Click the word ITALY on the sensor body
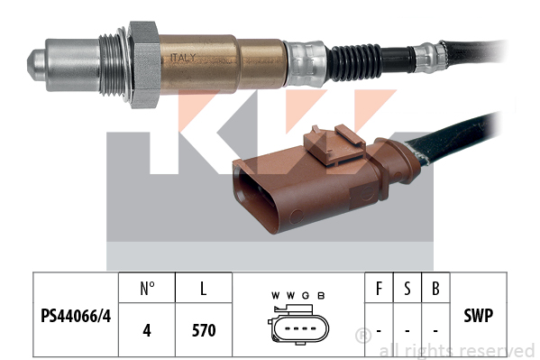(x=183, y=58)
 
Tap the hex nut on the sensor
(x=144, y=65)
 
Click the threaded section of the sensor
(x=111, y=65)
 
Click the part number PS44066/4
(x=76, y=316)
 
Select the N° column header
(x=147, y=289)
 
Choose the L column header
(x=204, y=289)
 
